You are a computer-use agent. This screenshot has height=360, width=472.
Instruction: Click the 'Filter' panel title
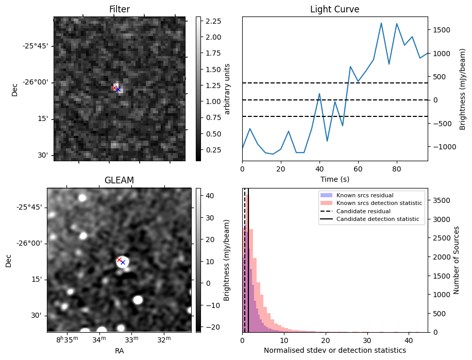tap(119, 9)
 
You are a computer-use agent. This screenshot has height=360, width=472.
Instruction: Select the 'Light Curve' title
tap(334, 9)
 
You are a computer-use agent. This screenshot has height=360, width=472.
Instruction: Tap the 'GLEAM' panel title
tap(119, 180)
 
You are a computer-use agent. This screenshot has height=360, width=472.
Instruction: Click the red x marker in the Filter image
tap(115, 88)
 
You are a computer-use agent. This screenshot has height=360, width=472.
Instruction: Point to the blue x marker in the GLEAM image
tap(123, 263)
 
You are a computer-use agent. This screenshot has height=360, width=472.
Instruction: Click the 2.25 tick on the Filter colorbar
tap(213, 21)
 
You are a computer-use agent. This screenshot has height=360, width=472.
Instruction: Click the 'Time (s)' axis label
tap(334, 178)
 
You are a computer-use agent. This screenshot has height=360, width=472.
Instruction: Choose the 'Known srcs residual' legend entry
tap(364, 196)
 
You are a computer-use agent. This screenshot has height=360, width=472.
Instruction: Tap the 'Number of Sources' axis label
tap(456, 260)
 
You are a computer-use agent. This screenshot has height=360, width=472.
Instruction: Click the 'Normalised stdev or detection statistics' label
tap(334, 350)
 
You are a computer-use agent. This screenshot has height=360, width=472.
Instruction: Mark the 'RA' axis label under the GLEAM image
tap(119, 351)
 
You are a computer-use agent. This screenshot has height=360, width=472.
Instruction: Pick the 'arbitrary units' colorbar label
tap(227, 89)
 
